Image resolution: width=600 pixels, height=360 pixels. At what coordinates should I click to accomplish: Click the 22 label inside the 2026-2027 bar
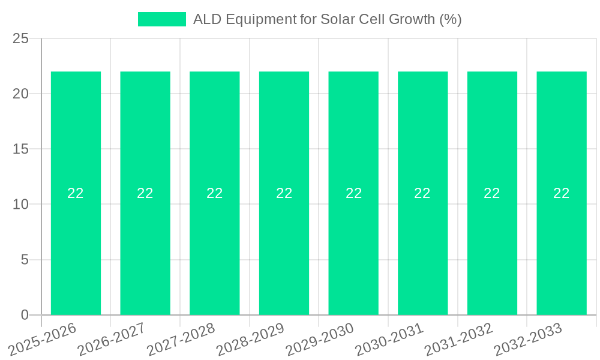click(x=145, y=193)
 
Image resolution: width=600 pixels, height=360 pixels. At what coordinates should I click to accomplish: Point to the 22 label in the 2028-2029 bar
click(x=284, y=193)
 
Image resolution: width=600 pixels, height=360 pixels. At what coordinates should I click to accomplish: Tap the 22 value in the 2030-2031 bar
click(x=422, y=193)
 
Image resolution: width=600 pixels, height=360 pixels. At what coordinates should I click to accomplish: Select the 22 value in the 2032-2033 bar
click(x=562, y=193)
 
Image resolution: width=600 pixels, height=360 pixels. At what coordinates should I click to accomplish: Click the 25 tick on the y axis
click(x=20, y=38)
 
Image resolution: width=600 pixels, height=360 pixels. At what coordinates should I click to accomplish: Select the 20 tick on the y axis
click(x=20, y=94)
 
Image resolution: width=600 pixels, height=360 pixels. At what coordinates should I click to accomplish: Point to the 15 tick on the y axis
click(x=20, y=149)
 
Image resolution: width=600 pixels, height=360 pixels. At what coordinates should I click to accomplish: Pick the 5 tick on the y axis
click(x=25, y=260)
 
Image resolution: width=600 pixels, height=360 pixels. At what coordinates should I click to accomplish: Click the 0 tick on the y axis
click(x=25, y=315)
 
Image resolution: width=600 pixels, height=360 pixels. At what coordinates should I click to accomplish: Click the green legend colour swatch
click(x=162, y=19)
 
